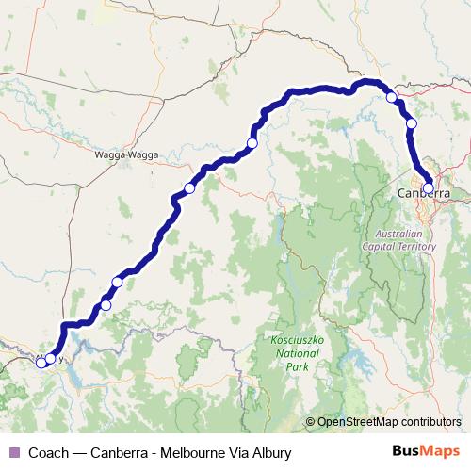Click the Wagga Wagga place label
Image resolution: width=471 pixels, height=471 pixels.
[126, 154]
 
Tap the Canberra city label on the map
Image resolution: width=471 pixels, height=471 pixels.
[423, 193]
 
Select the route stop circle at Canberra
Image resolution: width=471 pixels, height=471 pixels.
[429, 187]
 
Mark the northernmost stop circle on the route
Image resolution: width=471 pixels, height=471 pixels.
[392, 96]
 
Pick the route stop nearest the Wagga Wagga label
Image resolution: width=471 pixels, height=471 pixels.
[189, 188]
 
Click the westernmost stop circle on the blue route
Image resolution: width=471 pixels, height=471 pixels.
[41, 363]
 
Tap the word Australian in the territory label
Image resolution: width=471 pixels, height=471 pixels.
[400, 234]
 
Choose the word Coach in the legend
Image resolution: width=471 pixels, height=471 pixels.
[49, 453]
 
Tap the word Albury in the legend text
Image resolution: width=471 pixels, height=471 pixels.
[270, 453]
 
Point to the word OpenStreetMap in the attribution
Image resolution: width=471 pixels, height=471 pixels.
[357, 422]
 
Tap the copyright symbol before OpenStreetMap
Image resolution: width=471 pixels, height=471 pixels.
[311, 422]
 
